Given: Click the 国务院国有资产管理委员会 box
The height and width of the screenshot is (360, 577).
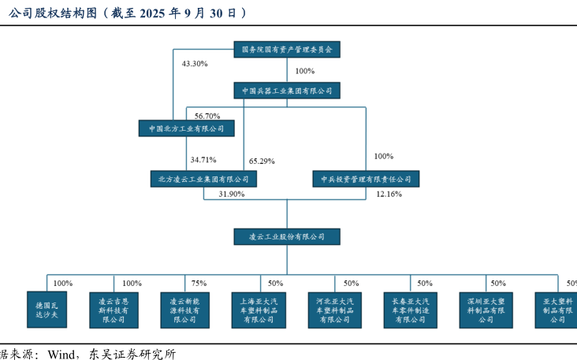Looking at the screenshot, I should [x=287, y=49].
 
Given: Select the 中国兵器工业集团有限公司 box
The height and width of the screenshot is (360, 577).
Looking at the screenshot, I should [x=287, y=91].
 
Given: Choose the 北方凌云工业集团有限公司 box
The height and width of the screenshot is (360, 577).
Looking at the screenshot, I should [x=204, y=179].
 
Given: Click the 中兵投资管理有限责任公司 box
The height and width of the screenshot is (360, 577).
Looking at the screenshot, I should [x=366, y=179].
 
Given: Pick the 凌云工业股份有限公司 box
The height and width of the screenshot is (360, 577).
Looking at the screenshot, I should [x=287, y=236].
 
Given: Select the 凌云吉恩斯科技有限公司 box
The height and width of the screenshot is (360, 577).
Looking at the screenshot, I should [x=113, y=309].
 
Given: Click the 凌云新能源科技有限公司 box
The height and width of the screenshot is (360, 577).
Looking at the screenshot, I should [x=184, y=309].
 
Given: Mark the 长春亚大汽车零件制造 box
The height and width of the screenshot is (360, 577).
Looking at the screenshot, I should [x=410, y=309].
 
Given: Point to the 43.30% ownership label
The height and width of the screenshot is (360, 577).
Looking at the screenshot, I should [x=194, y=63].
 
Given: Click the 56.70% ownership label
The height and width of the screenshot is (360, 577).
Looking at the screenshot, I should [x=207, y=117].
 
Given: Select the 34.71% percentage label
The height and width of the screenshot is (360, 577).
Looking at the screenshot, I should [x=203, y=159].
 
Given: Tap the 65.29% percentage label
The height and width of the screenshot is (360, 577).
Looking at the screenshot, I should [x=262, y=161].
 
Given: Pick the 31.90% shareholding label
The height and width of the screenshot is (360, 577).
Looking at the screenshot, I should [x=231, y=194].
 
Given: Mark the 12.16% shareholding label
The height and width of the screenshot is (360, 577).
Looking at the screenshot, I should [x=389, y=194].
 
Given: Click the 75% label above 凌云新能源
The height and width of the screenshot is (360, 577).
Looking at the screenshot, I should [x=199, y=284].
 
